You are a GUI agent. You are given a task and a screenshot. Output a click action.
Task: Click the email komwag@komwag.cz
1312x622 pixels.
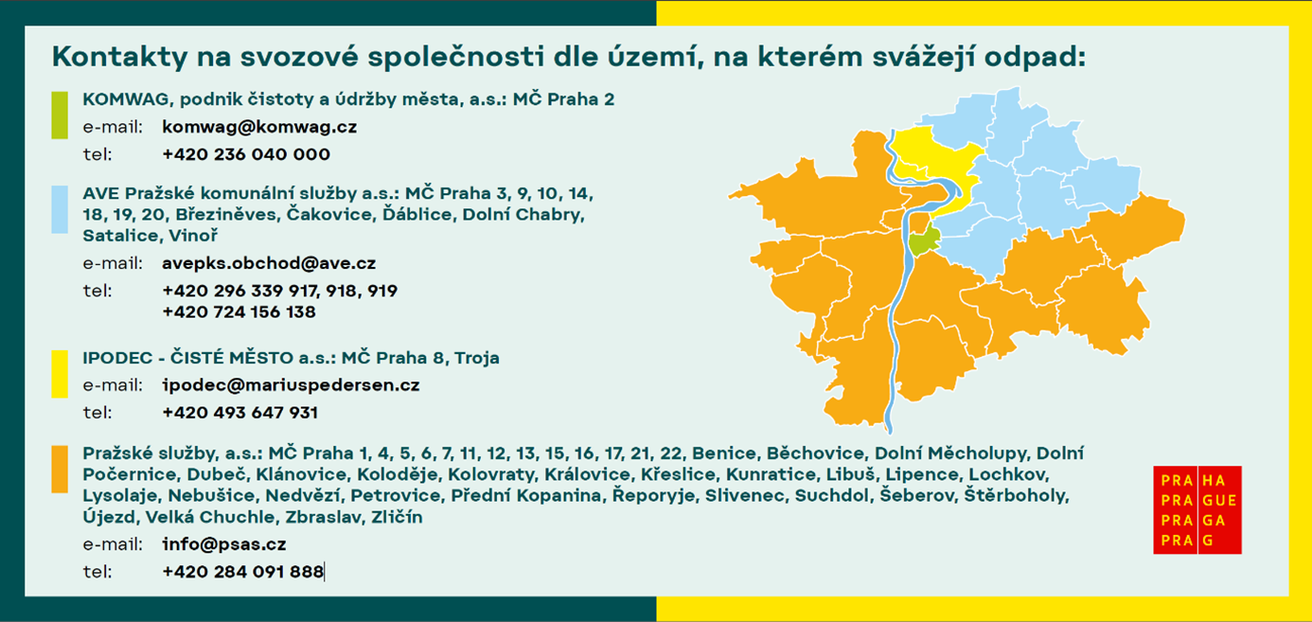(259, 127)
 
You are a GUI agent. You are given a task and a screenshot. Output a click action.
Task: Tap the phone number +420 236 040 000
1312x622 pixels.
(246, 154)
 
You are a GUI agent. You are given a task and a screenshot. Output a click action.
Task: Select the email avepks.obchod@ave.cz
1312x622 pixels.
(269, 263)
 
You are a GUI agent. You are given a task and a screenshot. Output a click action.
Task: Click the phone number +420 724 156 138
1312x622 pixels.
(239, 311)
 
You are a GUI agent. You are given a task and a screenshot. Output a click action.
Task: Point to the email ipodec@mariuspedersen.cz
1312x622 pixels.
(292, 385)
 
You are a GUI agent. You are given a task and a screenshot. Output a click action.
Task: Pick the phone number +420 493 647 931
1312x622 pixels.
(240, 413)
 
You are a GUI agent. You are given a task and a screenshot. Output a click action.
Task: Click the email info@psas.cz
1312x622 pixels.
(224, 544)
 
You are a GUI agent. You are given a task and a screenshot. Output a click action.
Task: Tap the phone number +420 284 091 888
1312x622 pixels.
(243, 572)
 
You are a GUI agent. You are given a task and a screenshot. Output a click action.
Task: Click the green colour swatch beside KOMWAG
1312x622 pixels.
(60, 115)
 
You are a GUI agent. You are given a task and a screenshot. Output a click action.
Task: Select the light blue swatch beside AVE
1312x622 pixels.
(60, 209)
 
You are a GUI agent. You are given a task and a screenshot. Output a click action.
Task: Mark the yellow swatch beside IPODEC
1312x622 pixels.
(60, 374)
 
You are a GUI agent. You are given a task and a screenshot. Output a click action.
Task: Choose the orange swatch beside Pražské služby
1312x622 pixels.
(60, 470)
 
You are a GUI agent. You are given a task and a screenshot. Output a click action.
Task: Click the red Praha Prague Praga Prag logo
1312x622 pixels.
(1197, 510)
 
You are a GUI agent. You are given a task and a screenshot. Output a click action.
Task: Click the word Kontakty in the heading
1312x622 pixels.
(119, 57)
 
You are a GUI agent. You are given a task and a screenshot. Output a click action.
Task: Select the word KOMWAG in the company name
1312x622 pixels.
(125, 99)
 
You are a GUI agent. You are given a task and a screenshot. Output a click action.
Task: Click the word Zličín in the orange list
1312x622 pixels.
(397, 517)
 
